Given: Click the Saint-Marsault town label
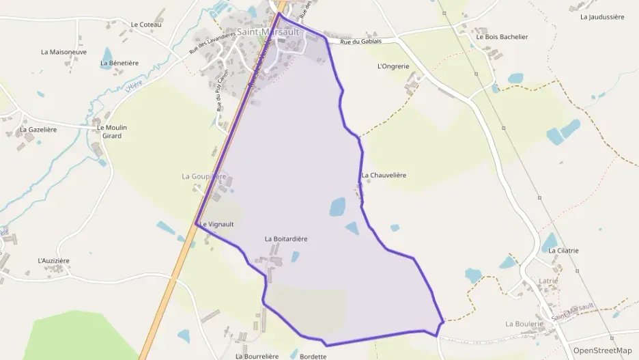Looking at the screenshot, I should click(268, 31).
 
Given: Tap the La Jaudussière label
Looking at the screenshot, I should click(602, 16).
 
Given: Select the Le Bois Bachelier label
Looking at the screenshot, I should click(502, 37).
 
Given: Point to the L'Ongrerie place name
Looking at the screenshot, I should click(393, 66).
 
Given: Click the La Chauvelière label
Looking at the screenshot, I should click(384, 175).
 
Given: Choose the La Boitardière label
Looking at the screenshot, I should click(286, 239).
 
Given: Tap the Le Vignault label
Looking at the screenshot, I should click(216, 224).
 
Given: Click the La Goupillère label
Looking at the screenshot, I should click(203, 176).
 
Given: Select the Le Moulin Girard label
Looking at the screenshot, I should click(109, 131).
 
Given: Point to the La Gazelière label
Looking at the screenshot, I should click(38, 129).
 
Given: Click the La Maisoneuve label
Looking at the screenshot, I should click(63, 51).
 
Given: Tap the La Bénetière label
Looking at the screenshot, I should click(119, 63).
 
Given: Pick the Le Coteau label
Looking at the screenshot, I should click(145, 25).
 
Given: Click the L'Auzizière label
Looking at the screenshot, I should click(53, 261).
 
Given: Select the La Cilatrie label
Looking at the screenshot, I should click(563, 251).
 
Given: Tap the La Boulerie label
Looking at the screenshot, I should click(524, 323).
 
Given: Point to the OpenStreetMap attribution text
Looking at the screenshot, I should click(602, 350).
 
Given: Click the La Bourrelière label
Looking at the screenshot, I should click(257, 356).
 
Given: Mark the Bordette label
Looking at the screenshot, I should click(313, 356).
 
